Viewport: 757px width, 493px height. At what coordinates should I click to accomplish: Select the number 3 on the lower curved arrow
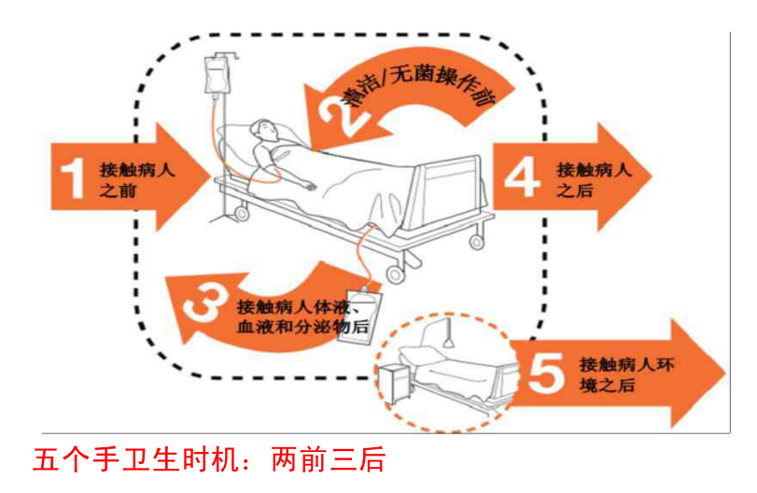click(x=204, y=305)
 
